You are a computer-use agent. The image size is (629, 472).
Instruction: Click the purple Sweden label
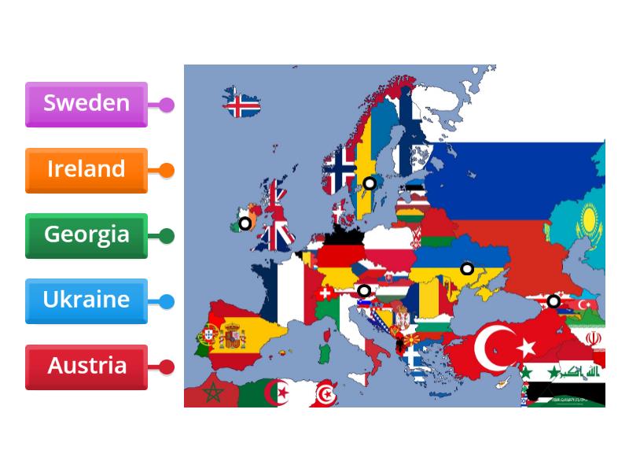[x=86, y=104]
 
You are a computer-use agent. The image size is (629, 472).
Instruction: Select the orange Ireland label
[x=86, y=170]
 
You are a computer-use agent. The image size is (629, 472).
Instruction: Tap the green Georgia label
[x=86, y=235]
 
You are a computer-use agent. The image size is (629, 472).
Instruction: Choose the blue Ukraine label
[x=86, y=301]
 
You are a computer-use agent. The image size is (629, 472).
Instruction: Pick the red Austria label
[x=86, y=367]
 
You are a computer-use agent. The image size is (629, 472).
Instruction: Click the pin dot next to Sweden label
[x=167, y=105]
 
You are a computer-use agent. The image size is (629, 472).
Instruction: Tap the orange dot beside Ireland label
[x=167, y=170]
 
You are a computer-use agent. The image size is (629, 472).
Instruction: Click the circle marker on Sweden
[x=369, y=183]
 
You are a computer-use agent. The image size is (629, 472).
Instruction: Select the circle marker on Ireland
[x=245, y=223]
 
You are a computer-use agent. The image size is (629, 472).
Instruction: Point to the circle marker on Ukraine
[x=467, y=268]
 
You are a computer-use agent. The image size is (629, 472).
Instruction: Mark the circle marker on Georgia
[x=554, y=301]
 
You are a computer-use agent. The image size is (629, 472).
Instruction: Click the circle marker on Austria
[x=363, y=291]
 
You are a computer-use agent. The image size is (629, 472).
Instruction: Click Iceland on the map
[x=241, y=105]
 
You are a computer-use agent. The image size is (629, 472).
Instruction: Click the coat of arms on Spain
[x=232, y=337]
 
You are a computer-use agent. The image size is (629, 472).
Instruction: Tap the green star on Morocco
[x=212, y=392]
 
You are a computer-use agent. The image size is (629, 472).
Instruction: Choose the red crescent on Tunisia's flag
[x=325, y=394]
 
